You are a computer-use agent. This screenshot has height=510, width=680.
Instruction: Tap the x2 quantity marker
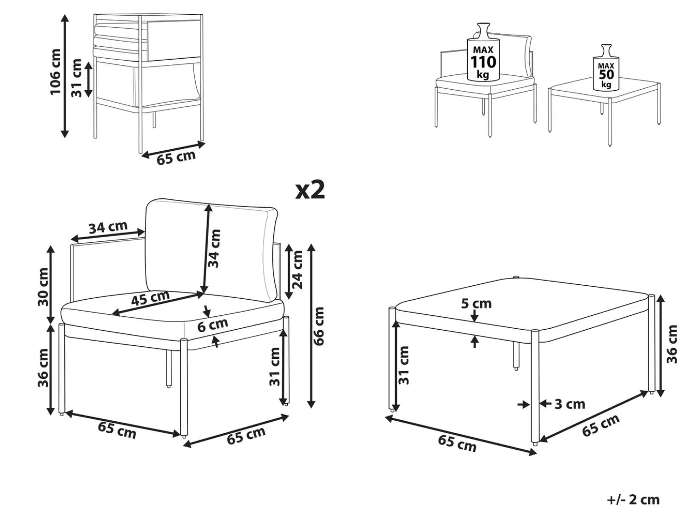310,190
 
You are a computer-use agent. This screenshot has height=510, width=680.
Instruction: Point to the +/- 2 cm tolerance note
633,499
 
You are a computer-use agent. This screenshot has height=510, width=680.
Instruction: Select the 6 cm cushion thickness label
212,325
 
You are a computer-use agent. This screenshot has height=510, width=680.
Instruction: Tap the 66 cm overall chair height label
318,326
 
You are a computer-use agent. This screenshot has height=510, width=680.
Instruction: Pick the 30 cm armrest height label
43,287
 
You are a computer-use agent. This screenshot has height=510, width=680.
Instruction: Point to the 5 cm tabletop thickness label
476,304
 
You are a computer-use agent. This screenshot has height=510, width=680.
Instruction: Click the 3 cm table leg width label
570,404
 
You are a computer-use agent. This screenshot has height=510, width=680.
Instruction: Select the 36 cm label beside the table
672,344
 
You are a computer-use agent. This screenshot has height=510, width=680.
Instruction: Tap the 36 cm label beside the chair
43,368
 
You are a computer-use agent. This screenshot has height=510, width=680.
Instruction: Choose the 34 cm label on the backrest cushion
214,248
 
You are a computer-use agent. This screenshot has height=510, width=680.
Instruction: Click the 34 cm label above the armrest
108,227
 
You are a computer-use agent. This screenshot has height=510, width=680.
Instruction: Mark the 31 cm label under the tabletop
404,365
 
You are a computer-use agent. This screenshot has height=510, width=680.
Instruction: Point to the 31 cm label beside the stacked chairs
76,78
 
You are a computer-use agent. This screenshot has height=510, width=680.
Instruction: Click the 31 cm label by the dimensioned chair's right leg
275,367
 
